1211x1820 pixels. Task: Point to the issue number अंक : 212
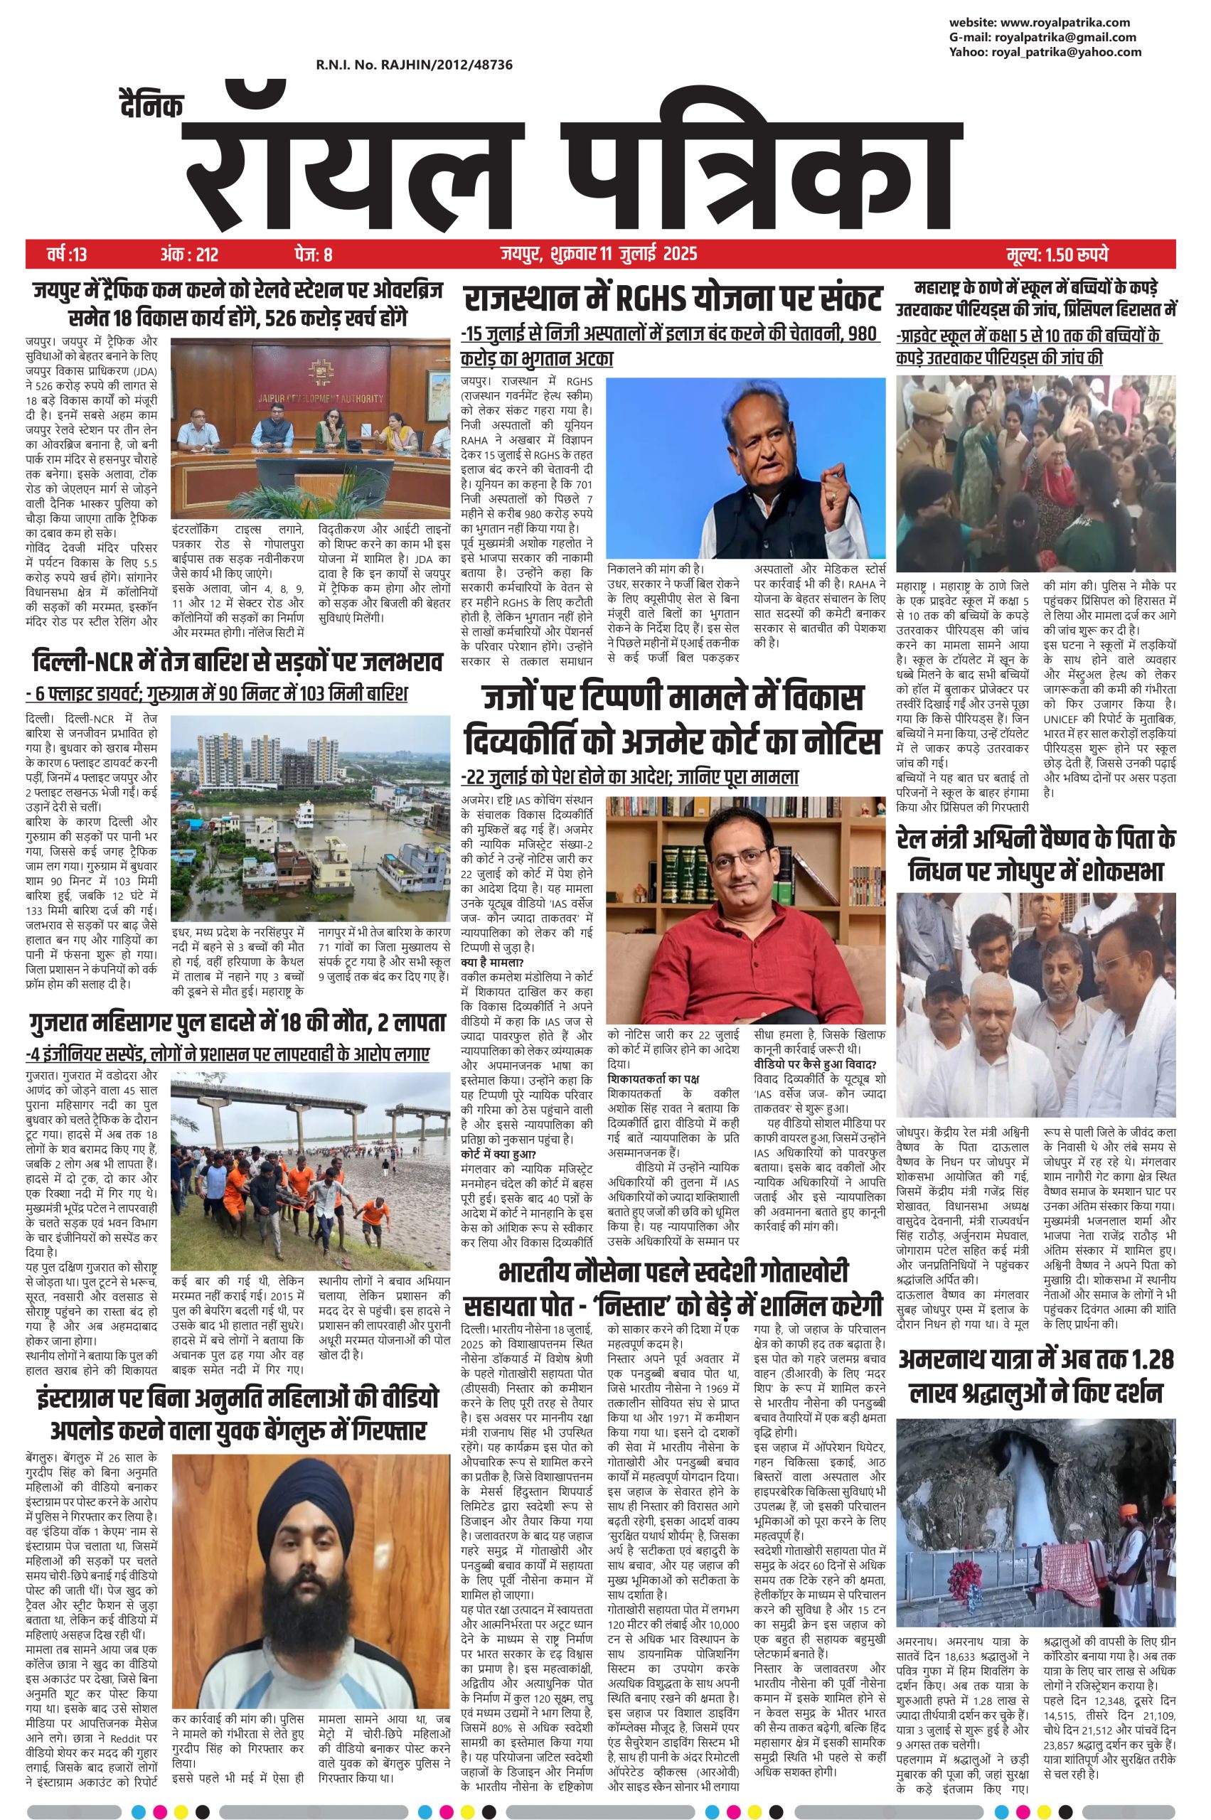[189, 254]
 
